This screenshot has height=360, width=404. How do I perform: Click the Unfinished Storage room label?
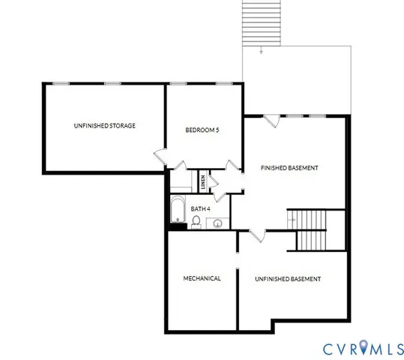pyautogui.click(x=104, y=126)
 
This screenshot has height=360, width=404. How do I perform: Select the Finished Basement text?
pyautogui.click(x=289, y=167)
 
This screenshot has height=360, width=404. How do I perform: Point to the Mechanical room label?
pyautogui.click(x=202, y=279)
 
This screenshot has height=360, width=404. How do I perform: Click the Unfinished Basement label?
pyautogui.click(x=288, y=279)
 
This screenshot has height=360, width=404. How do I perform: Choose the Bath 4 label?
pyautogui.click(x=200, y=208)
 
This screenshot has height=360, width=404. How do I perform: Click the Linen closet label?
pyautogui.click(x=203, y=182)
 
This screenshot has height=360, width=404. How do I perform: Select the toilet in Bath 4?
pyautogui.click(x=196, y=221)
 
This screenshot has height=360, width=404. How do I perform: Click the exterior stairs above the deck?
pyautogui.click(x=262, y=22)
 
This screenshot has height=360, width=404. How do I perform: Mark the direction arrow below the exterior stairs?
pyautogui.click(x=261, y=51)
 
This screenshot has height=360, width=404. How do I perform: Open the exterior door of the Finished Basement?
pyautogui.click(x=272, y=120)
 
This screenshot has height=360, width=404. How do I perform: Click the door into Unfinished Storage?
pyautogui.click(x=161, y=156)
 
